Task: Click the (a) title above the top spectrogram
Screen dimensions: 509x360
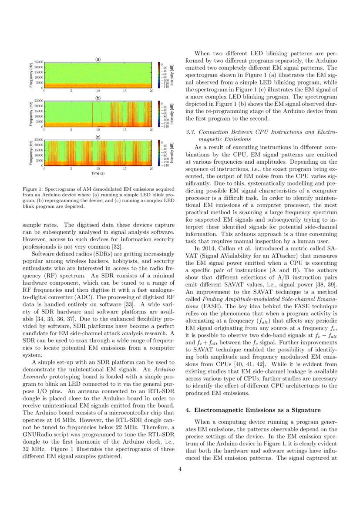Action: (98, 59)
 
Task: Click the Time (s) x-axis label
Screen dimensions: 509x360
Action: (98, 173)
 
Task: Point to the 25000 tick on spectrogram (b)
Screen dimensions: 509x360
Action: (38, 101)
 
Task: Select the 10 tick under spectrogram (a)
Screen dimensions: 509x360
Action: (98, 91)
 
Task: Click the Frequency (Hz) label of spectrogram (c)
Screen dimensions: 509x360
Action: (31, 152)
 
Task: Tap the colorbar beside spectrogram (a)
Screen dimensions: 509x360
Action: (159, 75)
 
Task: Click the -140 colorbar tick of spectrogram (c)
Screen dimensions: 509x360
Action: (165, 165)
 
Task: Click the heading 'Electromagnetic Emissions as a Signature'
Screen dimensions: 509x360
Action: (258, 410)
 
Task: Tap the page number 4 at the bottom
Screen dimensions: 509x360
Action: (180, 469)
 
